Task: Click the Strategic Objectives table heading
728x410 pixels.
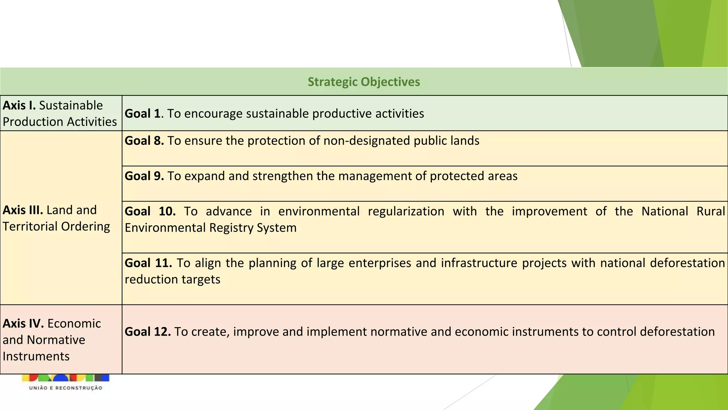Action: coord(364,82)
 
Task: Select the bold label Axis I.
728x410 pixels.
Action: coord(19,105)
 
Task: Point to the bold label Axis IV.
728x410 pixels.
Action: coord(23,323)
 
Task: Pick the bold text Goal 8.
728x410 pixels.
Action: coord(144,141)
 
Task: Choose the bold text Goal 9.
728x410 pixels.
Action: coord(144,176)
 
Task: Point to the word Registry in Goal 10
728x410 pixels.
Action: coord(231,227)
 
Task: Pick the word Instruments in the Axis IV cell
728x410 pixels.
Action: coord(36,356)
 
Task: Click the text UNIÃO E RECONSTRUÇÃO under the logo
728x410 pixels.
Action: coord(66,388)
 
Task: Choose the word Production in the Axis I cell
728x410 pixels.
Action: coord(33,122)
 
